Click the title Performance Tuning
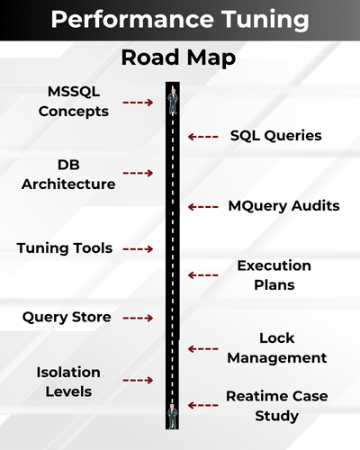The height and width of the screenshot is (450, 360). click(180, 20)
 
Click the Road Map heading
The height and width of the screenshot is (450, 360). click(180, 59)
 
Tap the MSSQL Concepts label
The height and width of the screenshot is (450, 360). click(79, 102)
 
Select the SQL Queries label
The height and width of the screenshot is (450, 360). click(275, 136)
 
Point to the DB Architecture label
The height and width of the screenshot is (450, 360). click(80, 175)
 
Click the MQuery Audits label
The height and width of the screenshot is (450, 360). click(283, 206)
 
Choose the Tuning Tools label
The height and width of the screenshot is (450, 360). click(65, 247)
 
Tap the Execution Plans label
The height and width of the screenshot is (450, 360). click(274, 275)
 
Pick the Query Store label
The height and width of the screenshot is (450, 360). click(67, 317)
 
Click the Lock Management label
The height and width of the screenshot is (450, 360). click(276, 348)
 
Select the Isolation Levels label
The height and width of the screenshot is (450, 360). click(68, 382)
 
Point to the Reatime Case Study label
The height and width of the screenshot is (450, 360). click(276, 406)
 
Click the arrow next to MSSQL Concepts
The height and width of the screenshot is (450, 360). click(137, 103)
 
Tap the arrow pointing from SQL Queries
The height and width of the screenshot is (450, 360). click(203, 137)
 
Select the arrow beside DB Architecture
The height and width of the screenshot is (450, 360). click(138, 173)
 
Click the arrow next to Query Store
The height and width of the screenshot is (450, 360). click(137, 318)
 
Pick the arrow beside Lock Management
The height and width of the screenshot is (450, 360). click(203, 348)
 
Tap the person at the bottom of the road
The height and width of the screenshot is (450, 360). click(171, 415)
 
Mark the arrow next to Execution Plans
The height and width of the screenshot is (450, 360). click(203, 275)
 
